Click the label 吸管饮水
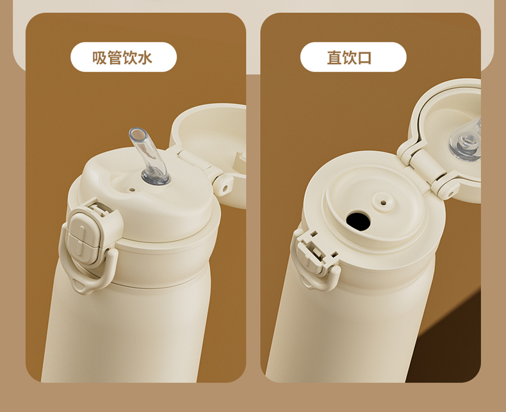tap(122, 58)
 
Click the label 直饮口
tap(350, 58)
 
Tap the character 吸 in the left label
tap(99, 58)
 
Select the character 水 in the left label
tap(145, 58)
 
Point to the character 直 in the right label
tap(334, 58)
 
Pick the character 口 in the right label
tap(365, 58)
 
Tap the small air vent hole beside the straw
tap(132, 190)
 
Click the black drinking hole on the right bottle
tap(358, 221)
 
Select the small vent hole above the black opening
tap(384, 202)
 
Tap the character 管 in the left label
tap(115, 58)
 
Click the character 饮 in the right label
tap(350, 58)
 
